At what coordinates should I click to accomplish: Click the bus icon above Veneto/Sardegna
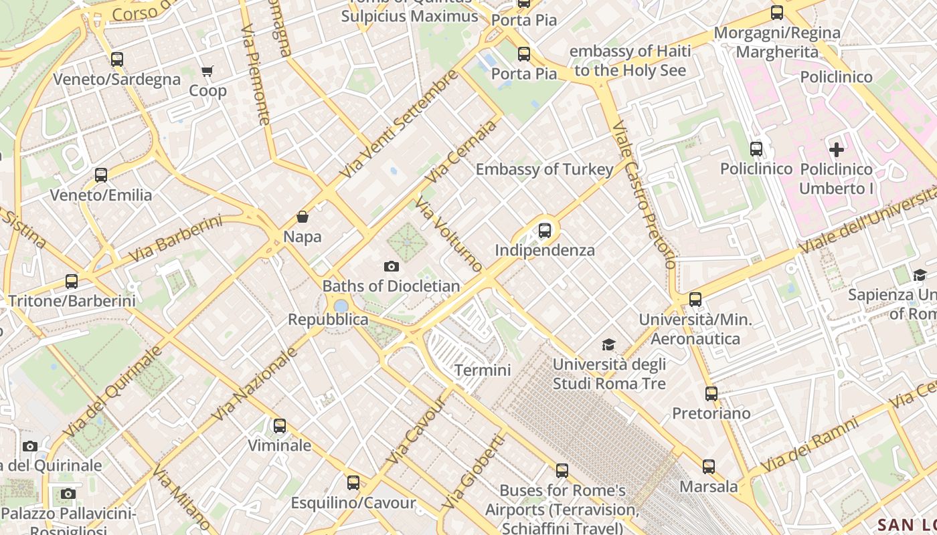tap(117, 59)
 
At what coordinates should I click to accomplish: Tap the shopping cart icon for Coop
tap(207, 71)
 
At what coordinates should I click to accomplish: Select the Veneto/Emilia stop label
tap(101, 195)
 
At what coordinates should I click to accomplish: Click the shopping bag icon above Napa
tap(303, 217)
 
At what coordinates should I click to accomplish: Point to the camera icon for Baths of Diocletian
tap(392, 267)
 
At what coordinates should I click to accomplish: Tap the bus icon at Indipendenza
tap(545, 231)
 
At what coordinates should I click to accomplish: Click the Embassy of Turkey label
tap(544, 169)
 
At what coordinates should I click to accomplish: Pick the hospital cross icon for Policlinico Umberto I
tap(836, 150)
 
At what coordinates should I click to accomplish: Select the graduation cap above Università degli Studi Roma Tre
tap(608, 345)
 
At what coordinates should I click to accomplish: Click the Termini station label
tap(483, 370)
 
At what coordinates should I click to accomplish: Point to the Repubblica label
tap(328, 320)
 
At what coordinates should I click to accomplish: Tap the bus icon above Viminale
tap(280, 425)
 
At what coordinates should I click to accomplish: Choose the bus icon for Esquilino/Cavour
tap(353, 482)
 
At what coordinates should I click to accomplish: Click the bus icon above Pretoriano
tap(711, 394)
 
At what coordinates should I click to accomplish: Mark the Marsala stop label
tap(709, 486)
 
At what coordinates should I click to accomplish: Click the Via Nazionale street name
tap(254, 384)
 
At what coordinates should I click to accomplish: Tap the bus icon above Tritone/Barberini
tap(72, 282)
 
